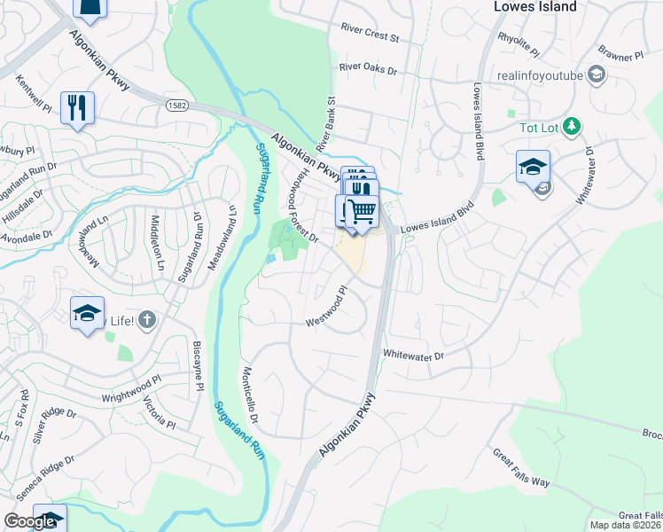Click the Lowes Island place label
coord(534,7)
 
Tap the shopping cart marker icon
coord(362,212)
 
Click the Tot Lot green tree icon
coord(573,127)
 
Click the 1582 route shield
coord(174,106)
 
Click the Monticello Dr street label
coord(248,394)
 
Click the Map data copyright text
coord(626,525)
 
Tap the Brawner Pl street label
coord(620,56)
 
